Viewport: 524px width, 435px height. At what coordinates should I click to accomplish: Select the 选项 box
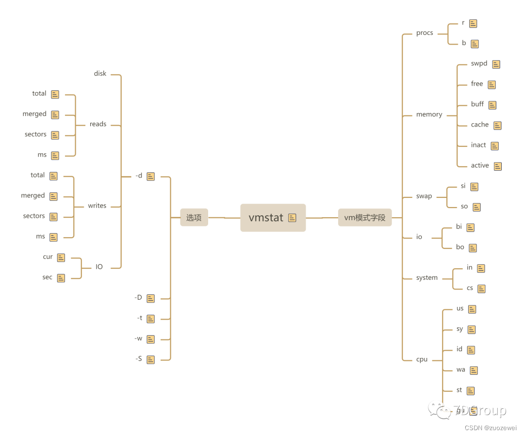click(194, 218)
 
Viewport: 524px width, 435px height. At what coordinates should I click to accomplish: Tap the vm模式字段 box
click(365, 218)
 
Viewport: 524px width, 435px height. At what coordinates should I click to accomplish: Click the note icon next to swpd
click(496, 64)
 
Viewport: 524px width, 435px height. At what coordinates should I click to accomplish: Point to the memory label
click(429, 115)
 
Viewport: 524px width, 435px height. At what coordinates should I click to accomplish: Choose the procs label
click(425, 33)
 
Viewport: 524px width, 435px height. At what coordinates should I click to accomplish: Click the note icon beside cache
click(497, 126)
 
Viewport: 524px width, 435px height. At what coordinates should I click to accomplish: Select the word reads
click(98, 124)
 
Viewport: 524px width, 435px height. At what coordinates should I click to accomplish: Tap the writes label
click(97, 206)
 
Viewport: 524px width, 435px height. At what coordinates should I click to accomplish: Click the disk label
click(100, 74)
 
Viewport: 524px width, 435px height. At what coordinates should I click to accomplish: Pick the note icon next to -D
click(151, 298)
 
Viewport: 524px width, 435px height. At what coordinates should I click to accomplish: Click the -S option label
click(139, 359)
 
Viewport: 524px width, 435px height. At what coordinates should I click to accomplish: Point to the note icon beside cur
click(61, 258)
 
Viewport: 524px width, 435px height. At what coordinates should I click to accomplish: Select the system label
click(427, 278)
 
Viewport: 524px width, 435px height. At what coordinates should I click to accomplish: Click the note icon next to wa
click(474, 371)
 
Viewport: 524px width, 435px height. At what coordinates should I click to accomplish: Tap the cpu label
click(422, 359)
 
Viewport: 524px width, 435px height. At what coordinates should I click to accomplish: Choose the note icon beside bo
click(473, 248)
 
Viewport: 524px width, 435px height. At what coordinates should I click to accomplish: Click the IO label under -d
click(99, 267)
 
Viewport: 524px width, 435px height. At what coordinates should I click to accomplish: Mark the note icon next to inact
click(495, 146)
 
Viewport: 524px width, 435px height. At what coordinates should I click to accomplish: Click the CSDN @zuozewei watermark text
click(491, 428)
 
